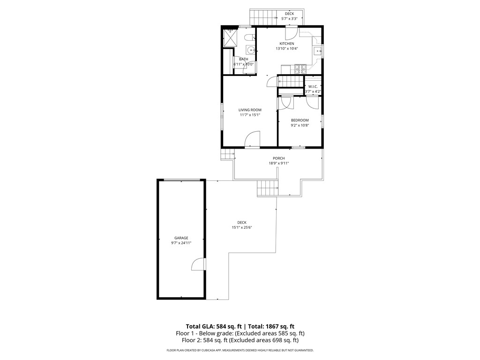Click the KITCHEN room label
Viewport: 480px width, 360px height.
point(287,44)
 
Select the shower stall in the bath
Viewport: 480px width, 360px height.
point(230,37)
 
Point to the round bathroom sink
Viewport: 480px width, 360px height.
point(250,50)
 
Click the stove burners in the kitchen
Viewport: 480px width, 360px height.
point(300,69)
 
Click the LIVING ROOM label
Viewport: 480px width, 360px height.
point(250,110)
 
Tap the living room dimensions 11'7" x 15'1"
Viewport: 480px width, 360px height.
point(250,115)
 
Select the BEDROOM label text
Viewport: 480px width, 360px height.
point(300,120)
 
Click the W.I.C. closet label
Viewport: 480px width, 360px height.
point(313,86)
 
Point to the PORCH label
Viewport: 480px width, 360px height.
point(279,158)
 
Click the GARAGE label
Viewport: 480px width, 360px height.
point(181,238)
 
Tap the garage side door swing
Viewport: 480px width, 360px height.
point(198,264)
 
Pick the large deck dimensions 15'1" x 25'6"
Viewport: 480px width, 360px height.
point(242,228)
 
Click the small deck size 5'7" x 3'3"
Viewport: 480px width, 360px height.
point(289,19)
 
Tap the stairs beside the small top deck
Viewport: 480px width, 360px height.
point(262,17)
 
